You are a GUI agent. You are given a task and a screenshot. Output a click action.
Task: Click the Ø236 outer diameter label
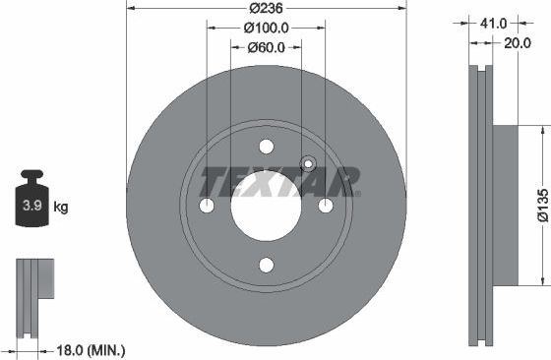click(266, 8)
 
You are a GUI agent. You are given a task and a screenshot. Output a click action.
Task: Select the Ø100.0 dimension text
click(265, 27)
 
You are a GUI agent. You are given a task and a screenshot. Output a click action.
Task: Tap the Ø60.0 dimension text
click(265, 46)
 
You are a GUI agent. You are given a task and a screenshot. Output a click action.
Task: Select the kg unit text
click(60, 208)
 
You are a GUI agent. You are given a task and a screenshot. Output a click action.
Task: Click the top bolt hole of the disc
click(266, 147)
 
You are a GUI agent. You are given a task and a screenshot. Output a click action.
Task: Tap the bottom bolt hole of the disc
click(266, 265)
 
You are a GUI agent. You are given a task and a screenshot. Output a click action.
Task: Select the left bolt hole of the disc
click(207, 206)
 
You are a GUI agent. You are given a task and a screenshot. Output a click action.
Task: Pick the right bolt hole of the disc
click(325, 206)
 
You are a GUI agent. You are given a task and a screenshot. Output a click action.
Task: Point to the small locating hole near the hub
click(307, 164)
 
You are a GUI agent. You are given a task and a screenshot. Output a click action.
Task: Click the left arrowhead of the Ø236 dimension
click(131, 8)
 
